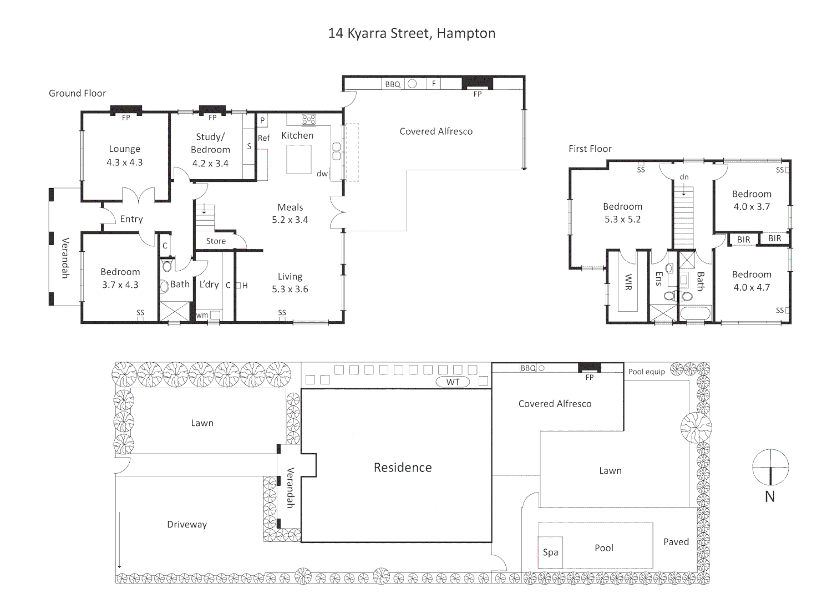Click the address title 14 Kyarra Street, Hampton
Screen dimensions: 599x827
tap(412, 33)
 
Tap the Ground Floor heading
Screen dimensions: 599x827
tap(77, 93)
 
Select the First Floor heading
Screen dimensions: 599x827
tap(590, 149)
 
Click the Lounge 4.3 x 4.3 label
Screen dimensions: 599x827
tap(125, 156)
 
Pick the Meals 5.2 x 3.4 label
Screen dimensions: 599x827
tap(290, 214)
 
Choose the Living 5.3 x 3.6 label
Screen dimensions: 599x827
tap(290, 283)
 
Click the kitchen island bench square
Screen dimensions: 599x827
tap(299, 160)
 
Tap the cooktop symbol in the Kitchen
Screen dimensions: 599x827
tap(309, 119)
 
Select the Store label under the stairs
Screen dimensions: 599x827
tap(216, 241)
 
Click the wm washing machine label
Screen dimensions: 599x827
tap(202, 315)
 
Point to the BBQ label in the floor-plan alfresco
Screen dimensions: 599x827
tap(393, 84)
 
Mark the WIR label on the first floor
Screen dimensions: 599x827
tap(628, 282)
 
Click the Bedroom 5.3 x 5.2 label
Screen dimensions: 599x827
tap(622, 213)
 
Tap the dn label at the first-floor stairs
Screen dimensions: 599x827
tap(684, 177)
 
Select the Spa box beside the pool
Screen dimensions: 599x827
tap(550, 552)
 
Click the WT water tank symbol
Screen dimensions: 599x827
tap(453, 382)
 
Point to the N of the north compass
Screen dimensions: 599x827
tap(770, 497)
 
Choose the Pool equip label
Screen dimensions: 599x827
tap(646, 372)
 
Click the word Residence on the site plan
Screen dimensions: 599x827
tap(403, 468)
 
